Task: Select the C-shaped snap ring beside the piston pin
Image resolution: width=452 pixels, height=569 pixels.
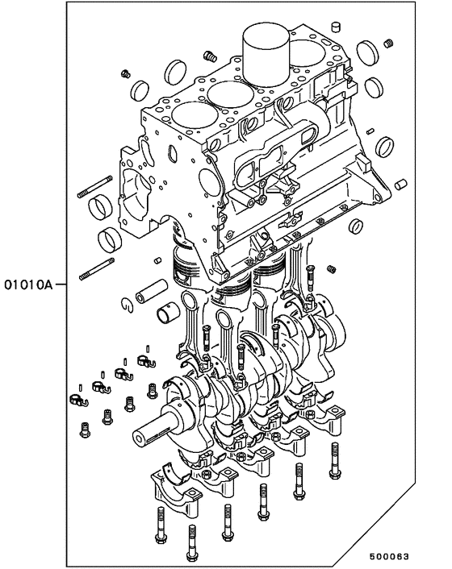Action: pyautogui.click(x=127, y=304)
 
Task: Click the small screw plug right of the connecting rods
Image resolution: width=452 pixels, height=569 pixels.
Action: pyautogui.click(x=332, y=265)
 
